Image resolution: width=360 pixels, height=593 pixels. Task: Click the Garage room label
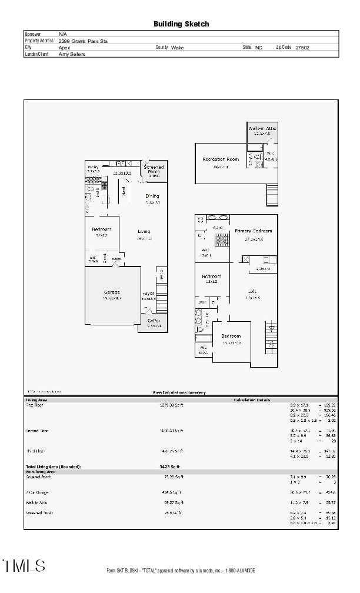tap(112, 292)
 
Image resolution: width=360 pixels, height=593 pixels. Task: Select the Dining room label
tap(152, 196)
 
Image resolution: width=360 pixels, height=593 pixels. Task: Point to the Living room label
tap(144, 231)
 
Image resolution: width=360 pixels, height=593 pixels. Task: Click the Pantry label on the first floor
tap(93, 167)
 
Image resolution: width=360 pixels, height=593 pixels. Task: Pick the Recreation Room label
tap(221, 159)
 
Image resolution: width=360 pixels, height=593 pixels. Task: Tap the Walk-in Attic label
tap(262, 128)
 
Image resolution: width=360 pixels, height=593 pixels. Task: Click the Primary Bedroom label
tap(254, 231)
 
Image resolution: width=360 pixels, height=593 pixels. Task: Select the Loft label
tap(252, 291)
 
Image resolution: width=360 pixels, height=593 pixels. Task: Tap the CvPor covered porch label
tap(154, 321)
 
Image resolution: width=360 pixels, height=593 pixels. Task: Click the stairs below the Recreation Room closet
tap(272, 195)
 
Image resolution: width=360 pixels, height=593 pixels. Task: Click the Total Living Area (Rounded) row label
tap(53, 467)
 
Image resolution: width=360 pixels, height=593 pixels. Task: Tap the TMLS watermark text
tap(25, 566)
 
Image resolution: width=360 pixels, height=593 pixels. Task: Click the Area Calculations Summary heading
tap(180, 392)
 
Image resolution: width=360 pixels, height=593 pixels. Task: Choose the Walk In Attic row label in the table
tap(37, 502)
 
